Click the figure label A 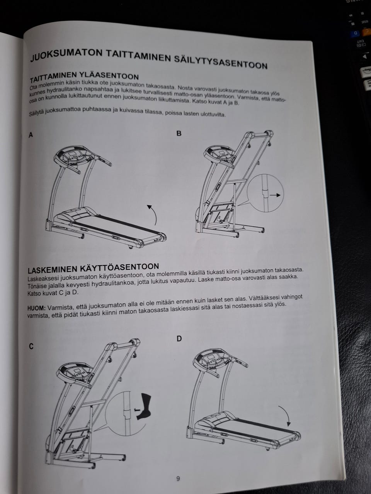tap(31, 135)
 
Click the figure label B tap(179, 134)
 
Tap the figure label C tap(31, 347)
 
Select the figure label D tap(179, 339)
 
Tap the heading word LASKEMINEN tap(53, 269)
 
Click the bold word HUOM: tap(36, 308)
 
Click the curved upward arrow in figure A tap(152, 214)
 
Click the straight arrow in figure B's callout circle tap(275, 195)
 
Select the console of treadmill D tap(212, 359)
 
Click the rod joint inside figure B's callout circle tap(265, 193)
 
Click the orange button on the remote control tap(366, 32)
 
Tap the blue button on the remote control tap(356, 33)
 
